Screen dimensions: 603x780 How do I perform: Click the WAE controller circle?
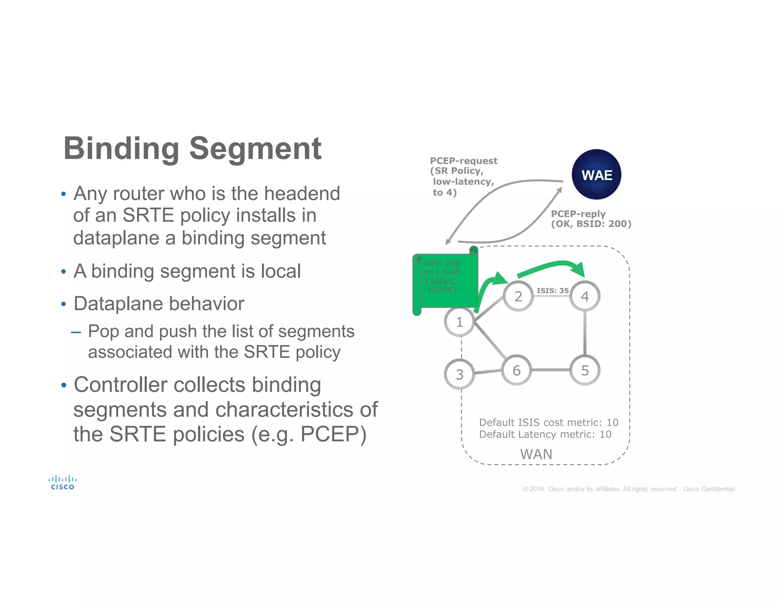tap(596, 175)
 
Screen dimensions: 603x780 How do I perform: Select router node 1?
tap(459, 322)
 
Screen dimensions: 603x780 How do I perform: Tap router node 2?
tap(518, 296)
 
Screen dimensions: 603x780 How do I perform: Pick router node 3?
tap(459, 374)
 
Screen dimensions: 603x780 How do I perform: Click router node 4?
tap(585, 296)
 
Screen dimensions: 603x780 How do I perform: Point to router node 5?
tap(585, 370)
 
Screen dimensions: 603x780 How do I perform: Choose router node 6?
tap(516, 370)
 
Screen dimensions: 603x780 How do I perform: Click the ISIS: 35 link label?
tap(552, 290)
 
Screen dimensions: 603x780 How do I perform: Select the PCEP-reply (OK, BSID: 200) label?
tap(591, 219)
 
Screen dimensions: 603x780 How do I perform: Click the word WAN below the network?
tap(536, 454)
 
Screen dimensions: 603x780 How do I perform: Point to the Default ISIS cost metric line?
tap(548, 422)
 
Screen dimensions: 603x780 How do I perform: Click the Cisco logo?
tap(62, 483)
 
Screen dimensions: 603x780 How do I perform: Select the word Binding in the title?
tap(121, 149)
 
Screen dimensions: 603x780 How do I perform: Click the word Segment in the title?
tap(255, 149)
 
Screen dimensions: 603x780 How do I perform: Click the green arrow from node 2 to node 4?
tap(552, 265)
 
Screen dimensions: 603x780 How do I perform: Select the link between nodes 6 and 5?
tap(550, 370)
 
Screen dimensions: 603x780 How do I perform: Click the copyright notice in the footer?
tap(628, 489)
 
